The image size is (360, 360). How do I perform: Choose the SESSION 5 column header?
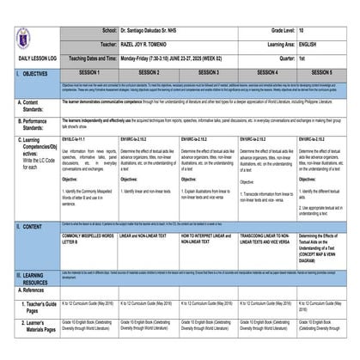click(x=326, y=74)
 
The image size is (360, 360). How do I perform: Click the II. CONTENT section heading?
click(x=26, y=226)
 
